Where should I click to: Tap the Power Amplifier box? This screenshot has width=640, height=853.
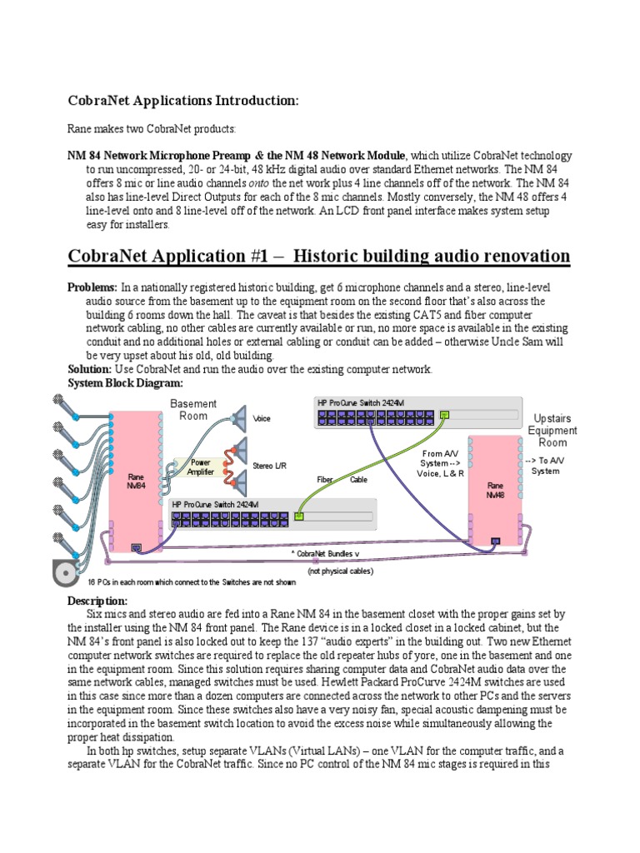tap(201, 466)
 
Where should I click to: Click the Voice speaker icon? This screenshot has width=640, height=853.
tap(239, 418)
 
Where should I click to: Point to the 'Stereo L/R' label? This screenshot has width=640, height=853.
tap(268, 466)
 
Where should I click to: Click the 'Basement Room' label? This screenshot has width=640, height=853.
tap(193, 409)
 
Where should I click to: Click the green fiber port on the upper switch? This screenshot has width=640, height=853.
tap(445, 413)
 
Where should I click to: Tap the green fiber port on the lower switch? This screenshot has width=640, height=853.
tap(300, 516)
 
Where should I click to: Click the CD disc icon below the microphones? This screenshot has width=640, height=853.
tap(65, 574)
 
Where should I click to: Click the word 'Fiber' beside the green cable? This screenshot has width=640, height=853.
tap(325, 480)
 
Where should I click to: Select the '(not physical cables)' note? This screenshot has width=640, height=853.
tap(341, 571)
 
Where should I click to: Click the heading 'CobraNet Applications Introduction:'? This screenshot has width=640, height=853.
tap(182, 101)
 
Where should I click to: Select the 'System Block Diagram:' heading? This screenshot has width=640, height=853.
tap(125, 383)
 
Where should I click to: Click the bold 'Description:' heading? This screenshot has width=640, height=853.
tap(97, 601)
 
